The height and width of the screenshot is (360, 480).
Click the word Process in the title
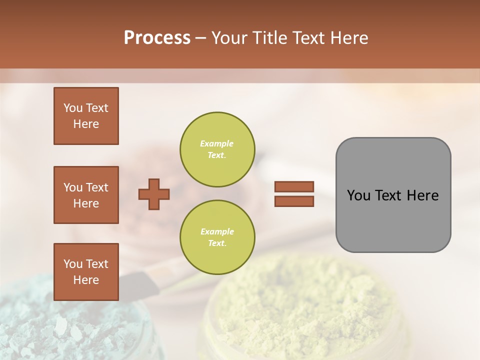(157, 38)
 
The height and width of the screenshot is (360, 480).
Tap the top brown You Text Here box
(86, 116)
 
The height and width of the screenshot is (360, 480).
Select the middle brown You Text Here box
(86, 195)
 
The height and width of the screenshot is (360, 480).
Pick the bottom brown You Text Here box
(86, 272)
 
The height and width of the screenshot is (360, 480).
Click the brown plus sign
(154, 194)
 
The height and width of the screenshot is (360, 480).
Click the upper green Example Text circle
(217, 149)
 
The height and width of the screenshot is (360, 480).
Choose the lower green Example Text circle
(217, 237)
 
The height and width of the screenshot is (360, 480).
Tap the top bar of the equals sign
(294, 187)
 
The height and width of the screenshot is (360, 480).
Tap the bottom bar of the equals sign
(294, 201)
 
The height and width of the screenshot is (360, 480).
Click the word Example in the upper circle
(217, 144)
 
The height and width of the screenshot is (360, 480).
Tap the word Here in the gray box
(422, 195)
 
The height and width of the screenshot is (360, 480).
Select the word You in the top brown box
(72, 108)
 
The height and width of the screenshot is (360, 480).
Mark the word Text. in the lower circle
(217, 243)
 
